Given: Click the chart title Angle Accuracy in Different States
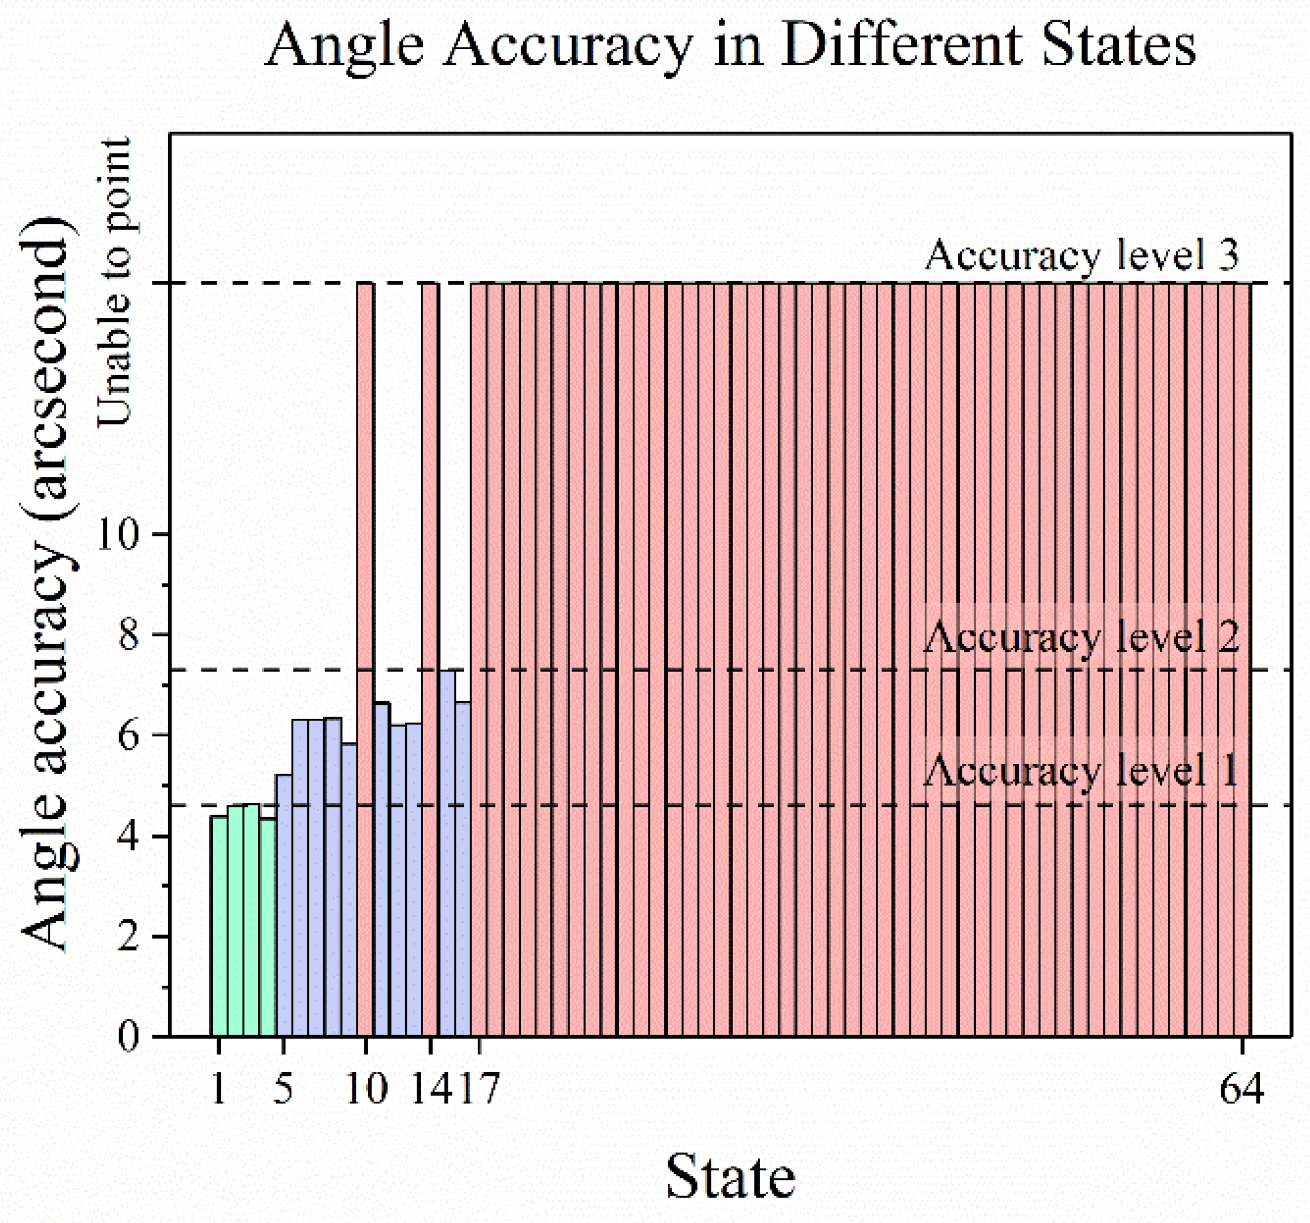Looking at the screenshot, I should tap(730, 46).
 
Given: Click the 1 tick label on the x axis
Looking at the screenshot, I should tap(218, 1089).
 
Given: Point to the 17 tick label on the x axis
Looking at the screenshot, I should tap(479, 1089).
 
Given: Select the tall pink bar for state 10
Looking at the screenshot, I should tap(365, 659).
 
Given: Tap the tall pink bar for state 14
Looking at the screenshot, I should tap(430, 659).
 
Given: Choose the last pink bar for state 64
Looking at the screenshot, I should tap(1242, 659).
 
